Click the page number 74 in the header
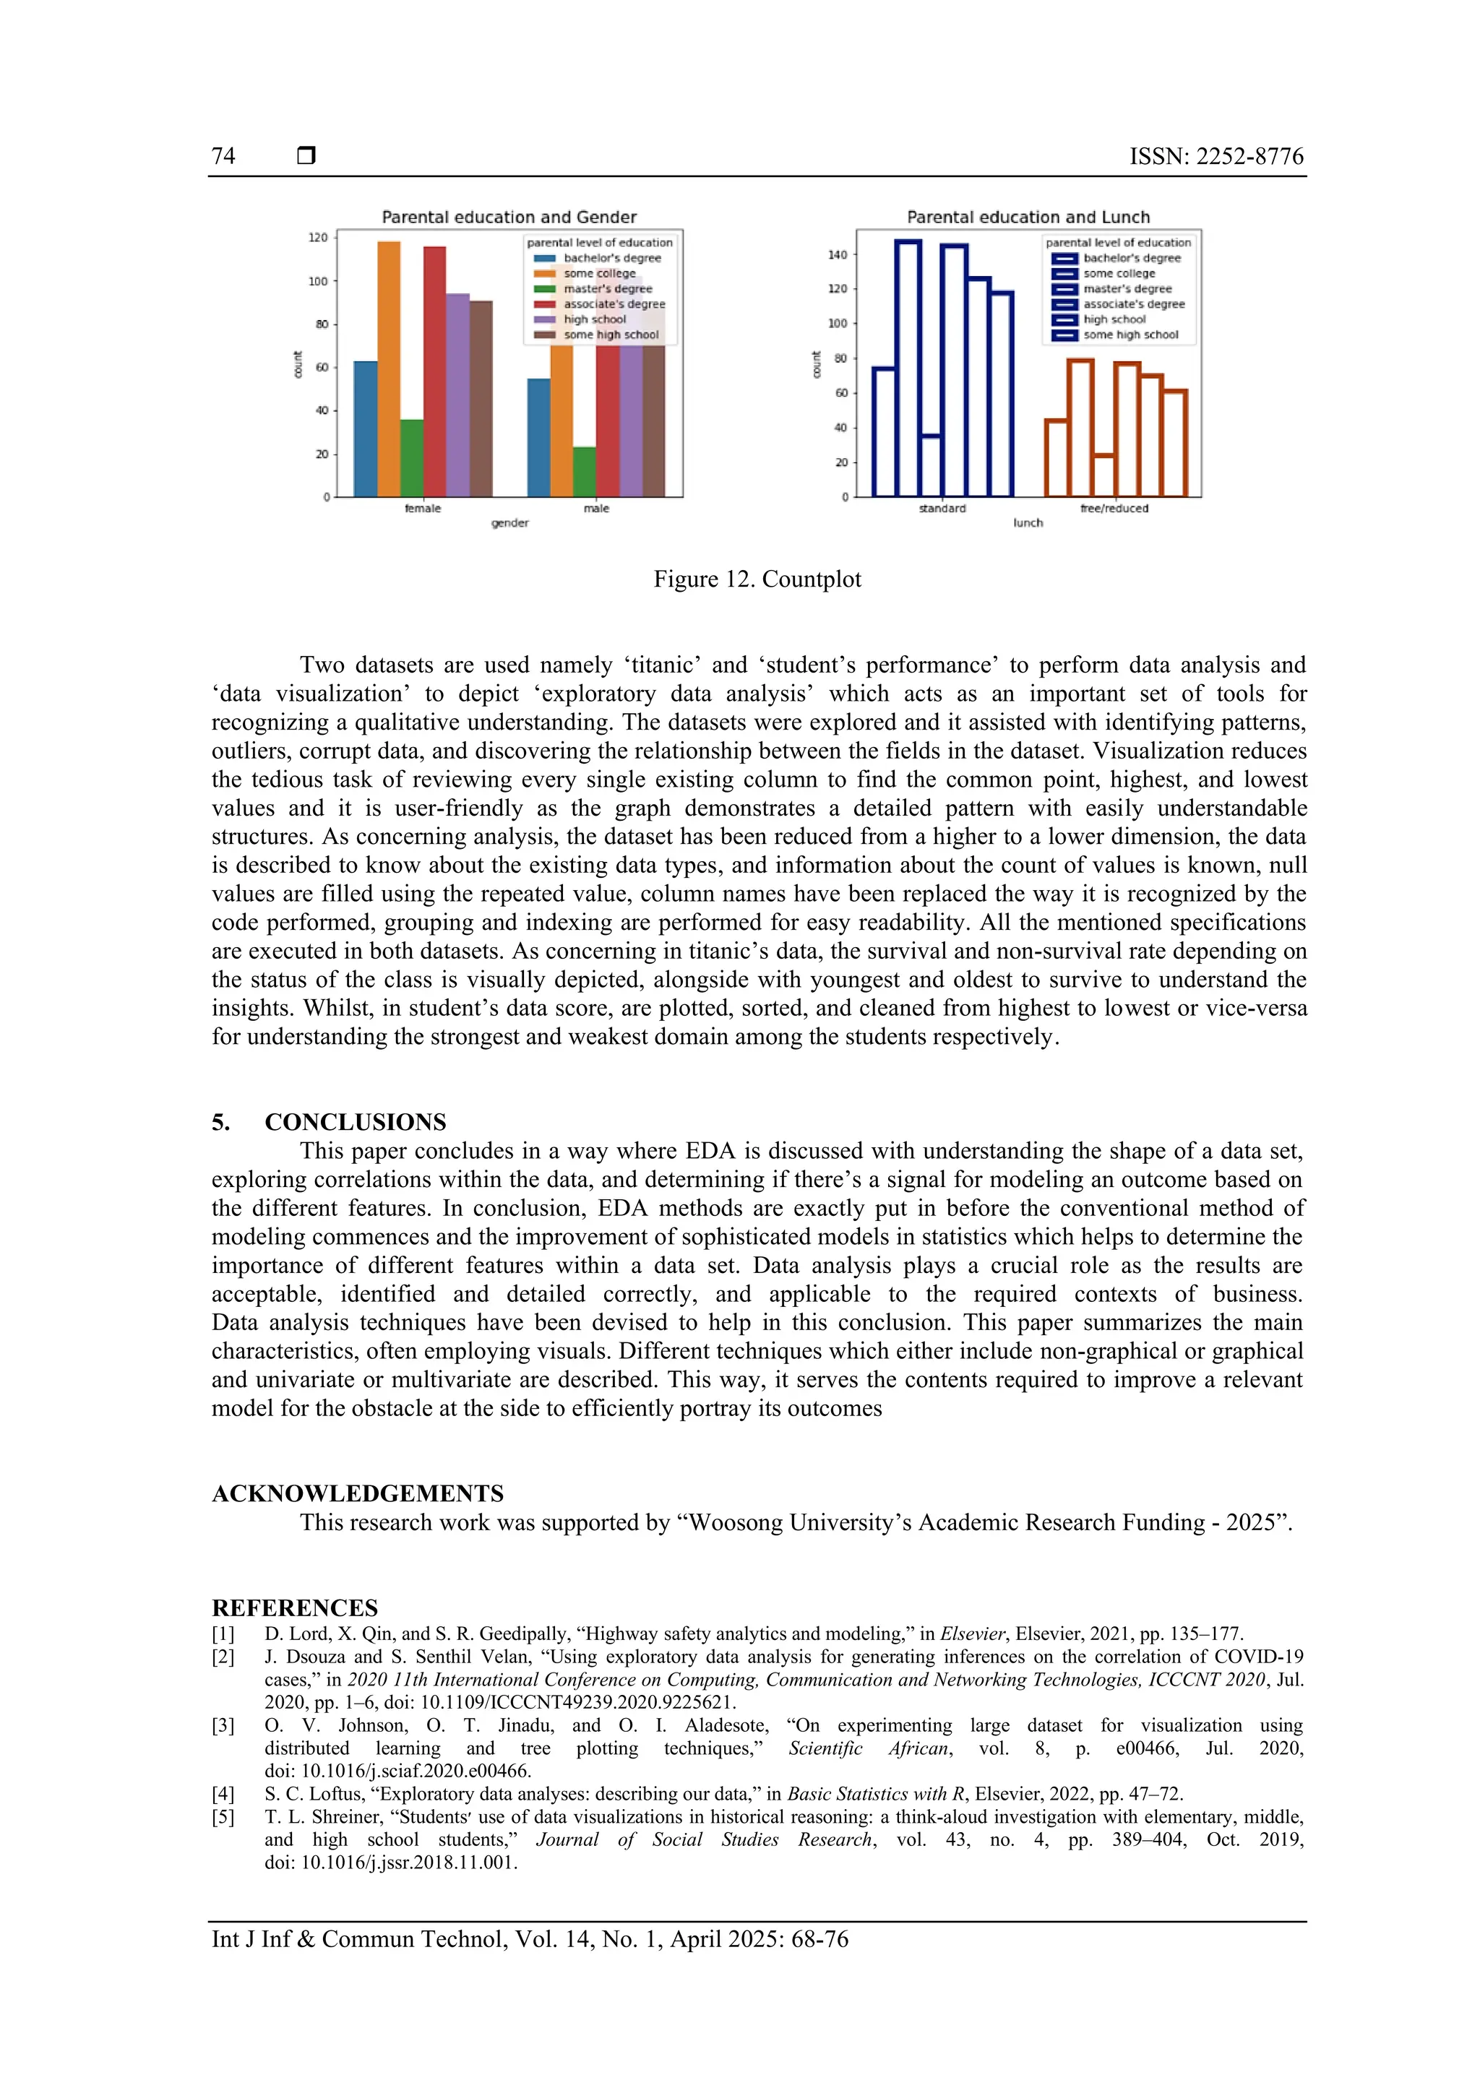tap(223, 156)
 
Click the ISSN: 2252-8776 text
tap(1216, 156)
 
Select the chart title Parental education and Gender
tap(509, 217)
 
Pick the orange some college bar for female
tap(389, 369)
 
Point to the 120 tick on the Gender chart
tap(317, 238)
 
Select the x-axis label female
tap(422, 509)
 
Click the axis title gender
tap(509, 523)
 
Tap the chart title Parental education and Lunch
tap(1028, 217)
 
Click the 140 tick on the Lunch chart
tap(836, 255)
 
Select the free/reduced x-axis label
tap(1114, 509)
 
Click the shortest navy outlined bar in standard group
tap(931, 466)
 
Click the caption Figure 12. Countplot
tap(757, 579)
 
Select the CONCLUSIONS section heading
tap(355, 1122)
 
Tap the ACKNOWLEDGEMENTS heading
tap(358, 1494)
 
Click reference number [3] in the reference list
tap(223, 1726)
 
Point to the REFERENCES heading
tap(295, 1608)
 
